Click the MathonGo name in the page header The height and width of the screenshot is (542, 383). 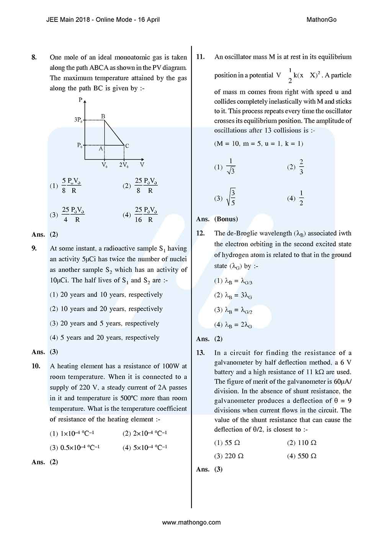tap(321, 20)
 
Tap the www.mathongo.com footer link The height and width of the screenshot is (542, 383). tap(191, 522)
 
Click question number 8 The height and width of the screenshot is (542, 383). tap(34, 57)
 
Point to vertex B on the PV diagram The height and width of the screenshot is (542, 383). tap(103, 116)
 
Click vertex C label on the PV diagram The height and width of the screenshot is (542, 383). tap(127, 146)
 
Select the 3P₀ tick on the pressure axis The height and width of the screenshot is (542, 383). tap(78, 120)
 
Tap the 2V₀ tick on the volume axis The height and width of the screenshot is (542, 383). tap(124, 165)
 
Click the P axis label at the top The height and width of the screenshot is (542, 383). tap(80, 100)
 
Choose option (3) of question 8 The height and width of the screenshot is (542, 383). tap(67, 215)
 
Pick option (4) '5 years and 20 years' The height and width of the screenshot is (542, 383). tap(105, 337)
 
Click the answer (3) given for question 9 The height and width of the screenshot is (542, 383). tap(54, 352)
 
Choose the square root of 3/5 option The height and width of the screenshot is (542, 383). tap(226, 198)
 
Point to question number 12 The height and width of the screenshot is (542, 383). tap(200, 233)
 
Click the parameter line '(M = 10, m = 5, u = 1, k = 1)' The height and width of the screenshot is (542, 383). tap(259, 144)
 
